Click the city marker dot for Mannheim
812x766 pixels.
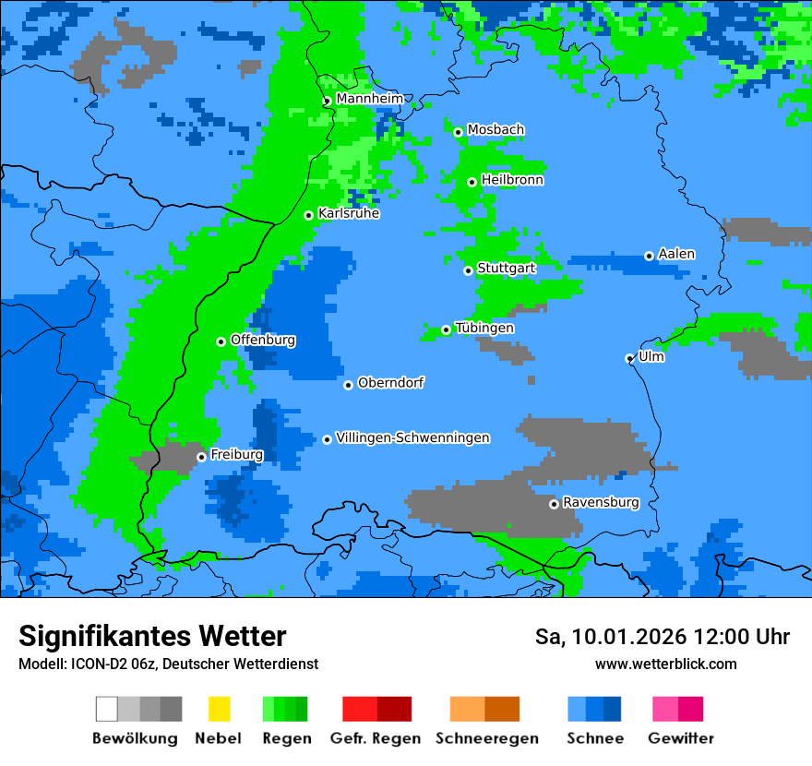[327, 102]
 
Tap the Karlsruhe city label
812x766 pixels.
[348, 213]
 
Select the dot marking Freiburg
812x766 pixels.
[201, 457]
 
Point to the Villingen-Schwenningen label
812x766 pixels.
[412, 437]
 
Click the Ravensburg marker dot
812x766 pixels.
[554, 504]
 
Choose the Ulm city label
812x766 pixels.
[651, 356]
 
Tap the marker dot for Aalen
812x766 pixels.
[649, 256]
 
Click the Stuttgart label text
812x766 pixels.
[506, 268]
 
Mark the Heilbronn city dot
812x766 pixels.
[472, 182]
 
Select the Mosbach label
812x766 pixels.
[496, 130]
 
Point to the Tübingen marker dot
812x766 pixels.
[446, 329]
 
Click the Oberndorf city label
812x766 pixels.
[390, 382]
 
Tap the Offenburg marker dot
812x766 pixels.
[221, 341]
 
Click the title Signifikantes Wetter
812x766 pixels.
[152, 636]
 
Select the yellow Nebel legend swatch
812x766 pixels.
[219, 709]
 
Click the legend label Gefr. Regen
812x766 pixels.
[375, 738]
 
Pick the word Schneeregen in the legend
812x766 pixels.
[486, 738]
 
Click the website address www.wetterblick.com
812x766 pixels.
[665, 664]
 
